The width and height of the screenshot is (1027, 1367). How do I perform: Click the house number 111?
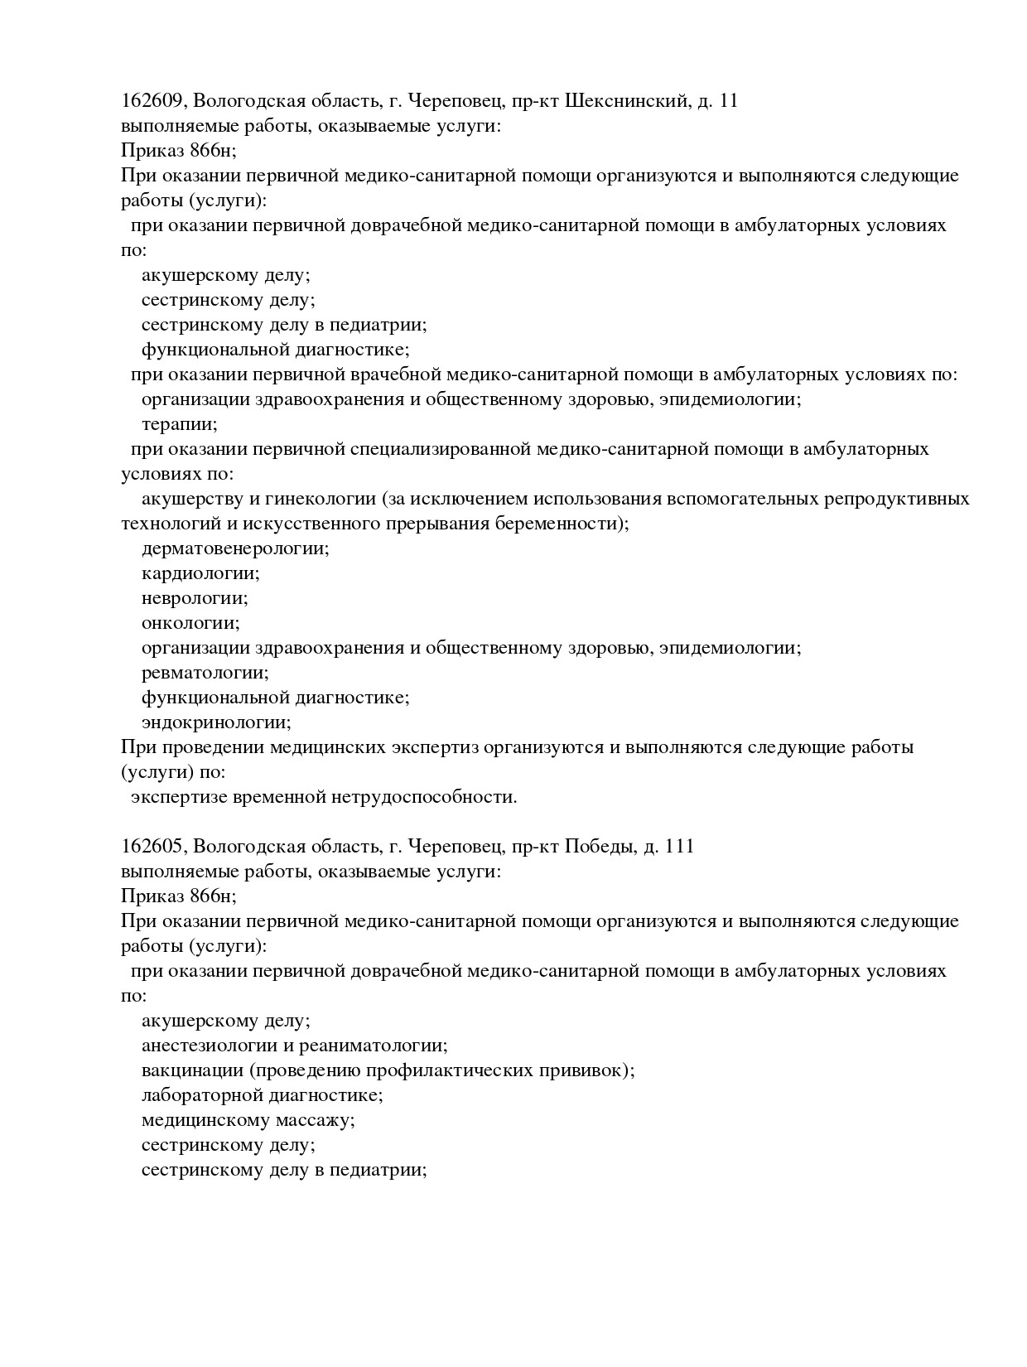pyautogui.click(x=679, y=847)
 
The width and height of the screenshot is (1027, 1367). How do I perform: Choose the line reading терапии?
pyautogui.click(x=180, y=425)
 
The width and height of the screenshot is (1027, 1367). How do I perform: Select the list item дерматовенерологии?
pyautogui.click(x=235, y=548)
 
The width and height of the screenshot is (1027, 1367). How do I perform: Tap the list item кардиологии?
pyautogui.click(x=200, y=573)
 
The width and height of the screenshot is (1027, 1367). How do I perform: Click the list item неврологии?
pyautogui.click(x=195, y=598)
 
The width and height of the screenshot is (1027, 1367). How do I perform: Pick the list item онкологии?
pyautogui.click(x=190, y=623)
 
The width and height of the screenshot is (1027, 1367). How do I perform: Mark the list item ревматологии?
pyautogui.click(x=205, y=673)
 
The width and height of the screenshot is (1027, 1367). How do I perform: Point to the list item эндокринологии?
pyautogui.click(x=216, y=722)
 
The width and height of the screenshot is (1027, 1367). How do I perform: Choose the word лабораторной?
pyautogui.click(x=202, y=1095)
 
